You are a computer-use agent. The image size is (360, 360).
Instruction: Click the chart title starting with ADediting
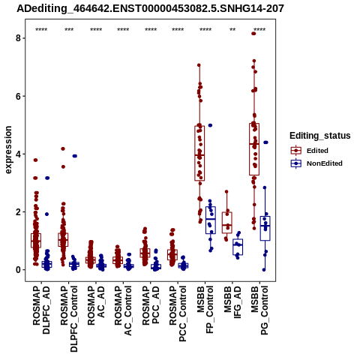[x=150, y=8]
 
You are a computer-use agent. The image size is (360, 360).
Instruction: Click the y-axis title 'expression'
[x=8, y=150]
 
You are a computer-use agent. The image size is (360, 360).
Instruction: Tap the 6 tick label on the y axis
[x=18, y=96]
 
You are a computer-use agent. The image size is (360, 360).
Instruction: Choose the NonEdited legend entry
[x=316, y=163]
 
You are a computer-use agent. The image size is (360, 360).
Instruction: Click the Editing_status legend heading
[x=320, y=136]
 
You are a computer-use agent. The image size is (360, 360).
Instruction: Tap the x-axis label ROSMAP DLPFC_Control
[x=69, y=319]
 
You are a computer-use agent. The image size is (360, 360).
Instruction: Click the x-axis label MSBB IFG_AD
[x=232, y=302]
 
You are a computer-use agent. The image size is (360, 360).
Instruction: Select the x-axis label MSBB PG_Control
[x=259, y=310]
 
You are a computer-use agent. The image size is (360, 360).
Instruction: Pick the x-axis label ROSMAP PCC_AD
[x=151, y=305]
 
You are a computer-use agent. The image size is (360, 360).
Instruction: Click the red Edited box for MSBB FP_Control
[x=199, y=153]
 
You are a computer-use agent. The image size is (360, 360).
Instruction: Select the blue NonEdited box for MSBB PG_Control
[x=265, y=229]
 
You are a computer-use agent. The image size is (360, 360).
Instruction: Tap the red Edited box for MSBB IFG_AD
[x=227, y=223]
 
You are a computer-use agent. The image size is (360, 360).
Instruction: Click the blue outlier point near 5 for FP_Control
[x=210, y=125]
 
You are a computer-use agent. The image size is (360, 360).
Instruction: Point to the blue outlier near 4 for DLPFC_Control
[x=75, y=156]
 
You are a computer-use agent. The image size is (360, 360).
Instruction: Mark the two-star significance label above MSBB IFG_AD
[x=232, y=30]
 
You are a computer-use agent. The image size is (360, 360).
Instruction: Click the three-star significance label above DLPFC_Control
[x=69, y=30]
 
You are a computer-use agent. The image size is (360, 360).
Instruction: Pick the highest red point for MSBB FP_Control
[x=199, y=65]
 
